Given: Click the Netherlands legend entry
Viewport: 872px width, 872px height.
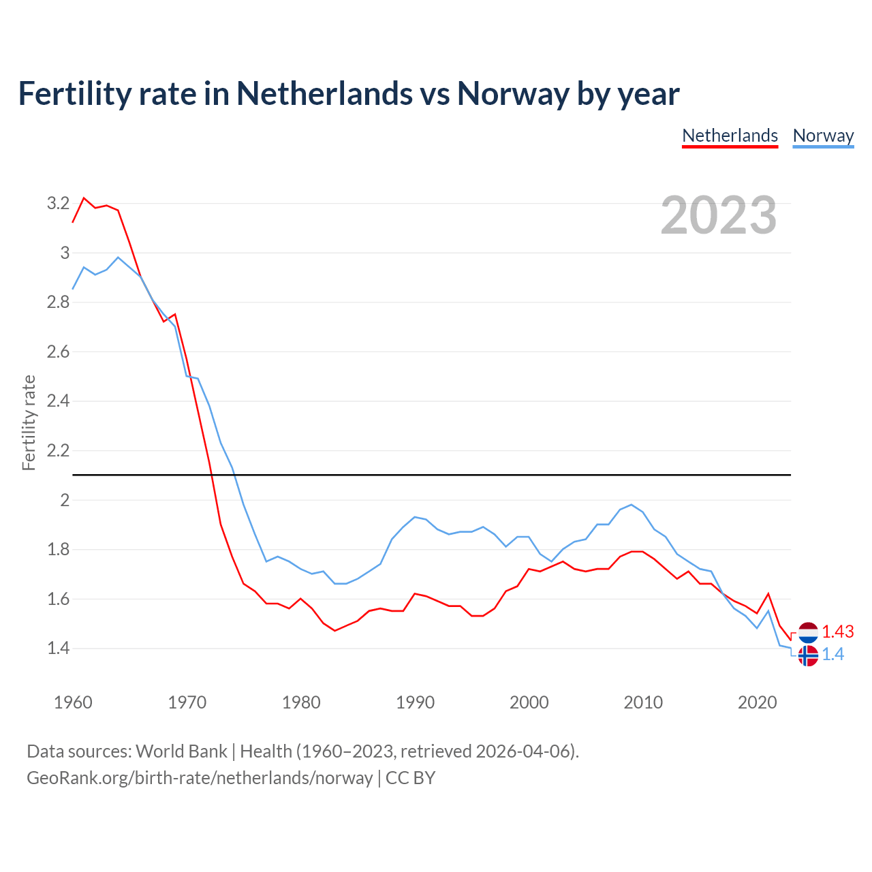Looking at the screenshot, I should pyautogui.click(x=730, y=136).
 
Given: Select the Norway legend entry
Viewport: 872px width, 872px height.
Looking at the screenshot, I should pyautogui.click(x=823, y=136).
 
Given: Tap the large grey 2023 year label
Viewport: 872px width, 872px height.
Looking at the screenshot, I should pyautogui.click(x=719, y=215).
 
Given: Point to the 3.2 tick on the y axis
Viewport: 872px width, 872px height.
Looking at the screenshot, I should pyautogui.click(x=58, y=203).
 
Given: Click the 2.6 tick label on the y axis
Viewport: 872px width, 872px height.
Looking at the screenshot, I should pyautogui.click(x=58, y=352).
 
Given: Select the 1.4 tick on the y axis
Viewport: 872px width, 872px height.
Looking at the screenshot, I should pyautogui.click(x=58, y=648).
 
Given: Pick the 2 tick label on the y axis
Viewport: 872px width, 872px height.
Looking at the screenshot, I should pyautogui.click(x=65, y=500).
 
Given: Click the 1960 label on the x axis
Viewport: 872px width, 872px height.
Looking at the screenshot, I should pyautogui.click(x=73, y=702).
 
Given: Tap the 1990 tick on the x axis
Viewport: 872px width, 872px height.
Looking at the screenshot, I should pyautogui.click(x=415, y=702).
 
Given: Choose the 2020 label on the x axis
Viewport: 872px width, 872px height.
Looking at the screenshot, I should pyautogui.click(x=757, y=702).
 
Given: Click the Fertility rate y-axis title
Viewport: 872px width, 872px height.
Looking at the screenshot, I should pyautogui.click(x=29, y=422).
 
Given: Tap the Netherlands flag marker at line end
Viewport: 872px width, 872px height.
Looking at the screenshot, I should pyautogui.click(x=808, y=632).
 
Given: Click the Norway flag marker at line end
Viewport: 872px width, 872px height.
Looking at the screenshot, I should pyautogui.click(x=808, y=655).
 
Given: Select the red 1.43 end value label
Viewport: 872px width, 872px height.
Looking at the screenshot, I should pyautogui.click(x=837, y=632).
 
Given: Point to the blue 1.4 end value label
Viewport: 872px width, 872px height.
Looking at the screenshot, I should pyautogui.click(x=832, y=655).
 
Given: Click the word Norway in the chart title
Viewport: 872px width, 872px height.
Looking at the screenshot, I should pyautogui.click(x=512, y=93).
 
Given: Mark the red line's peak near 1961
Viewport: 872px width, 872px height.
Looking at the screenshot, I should pyautogui.click(x=84, y=198).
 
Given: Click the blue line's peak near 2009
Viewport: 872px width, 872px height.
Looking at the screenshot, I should pyautogui.click(x=632, y=505).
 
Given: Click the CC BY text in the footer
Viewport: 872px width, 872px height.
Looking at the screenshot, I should pyautogui.click(x=410, y=778).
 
